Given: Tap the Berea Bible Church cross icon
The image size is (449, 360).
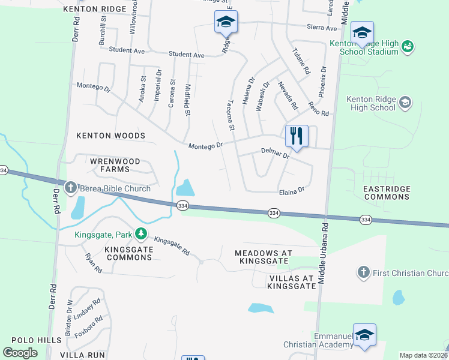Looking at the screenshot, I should click(x=70, y=188).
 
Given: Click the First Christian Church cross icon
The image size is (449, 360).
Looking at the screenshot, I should click(x=363, y=272).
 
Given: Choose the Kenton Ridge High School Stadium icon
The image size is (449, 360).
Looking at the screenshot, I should click(x=408, y=46).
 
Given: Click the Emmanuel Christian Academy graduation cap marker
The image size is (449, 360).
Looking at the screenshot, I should click(x=364, y=335).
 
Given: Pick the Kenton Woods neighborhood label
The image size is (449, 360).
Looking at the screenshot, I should click(x=111, y=136).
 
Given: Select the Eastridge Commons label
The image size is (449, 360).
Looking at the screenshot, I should click(x=387, y=193).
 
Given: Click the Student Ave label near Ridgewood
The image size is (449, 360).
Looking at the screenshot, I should click(x=187, y=55).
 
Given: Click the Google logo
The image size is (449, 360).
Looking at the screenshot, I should click(x=20, y=352).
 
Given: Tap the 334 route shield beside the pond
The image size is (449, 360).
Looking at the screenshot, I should click(x=183, y=206).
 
